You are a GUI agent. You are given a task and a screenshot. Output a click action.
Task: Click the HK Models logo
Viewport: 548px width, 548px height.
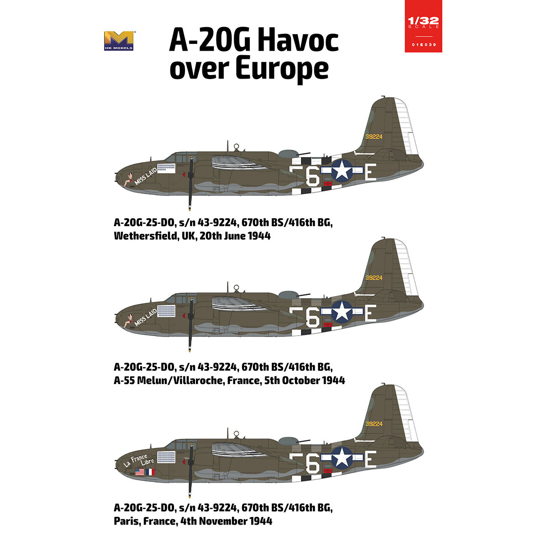click(119, 40)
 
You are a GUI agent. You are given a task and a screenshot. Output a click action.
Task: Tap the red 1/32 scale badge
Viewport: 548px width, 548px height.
click(423, 26)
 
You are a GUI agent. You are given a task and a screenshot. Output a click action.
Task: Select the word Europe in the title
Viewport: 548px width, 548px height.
click(282, 68)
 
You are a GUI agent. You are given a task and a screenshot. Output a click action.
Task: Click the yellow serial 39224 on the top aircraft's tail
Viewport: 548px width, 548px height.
click(374, 136)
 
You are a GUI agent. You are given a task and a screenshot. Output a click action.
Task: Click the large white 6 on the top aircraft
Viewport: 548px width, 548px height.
click(313, 178)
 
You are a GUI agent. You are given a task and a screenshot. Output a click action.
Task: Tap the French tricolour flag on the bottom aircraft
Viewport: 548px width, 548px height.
click(150, 472)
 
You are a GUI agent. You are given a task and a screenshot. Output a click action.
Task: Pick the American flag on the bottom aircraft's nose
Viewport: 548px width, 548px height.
click(140, 472)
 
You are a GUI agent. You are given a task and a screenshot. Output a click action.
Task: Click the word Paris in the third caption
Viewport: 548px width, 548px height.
click(127, 521)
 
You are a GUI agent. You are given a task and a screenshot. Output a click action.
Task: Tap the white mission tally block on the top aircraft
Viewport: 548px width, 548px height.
click(166, 168)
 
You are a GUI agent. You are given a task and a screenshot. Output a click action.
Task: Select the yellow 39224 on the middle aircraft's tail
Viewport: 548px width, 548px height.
click(374, 278)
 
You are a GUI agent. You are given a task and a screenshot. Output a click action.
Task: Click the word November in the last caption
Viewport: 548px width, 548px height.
click(221, 521)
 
